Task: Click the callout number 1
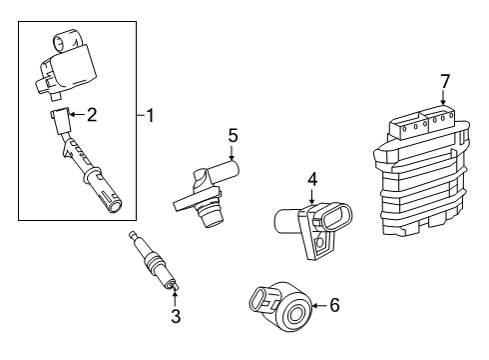[x=151, y=116]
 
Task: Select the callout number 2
[x=92, y=115]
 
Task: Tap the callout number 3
[x=176, y=316]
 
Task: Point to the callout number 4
[x=312, y=179]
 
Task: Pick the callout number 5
[x=233, y=136]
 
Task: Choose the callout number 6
[x=334, y=305]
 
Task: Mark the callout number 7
[x=445, y=82]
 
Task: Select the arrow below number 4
[x=311, y=197]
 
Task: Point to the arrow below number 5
[x=232, y=154]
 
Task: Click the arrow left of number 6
[x=319, y=306]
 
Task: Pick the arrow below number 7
[x=443, y=98]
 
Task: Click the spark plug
[x=154, y=261]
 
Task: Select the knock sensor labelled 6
[x=281, y=307]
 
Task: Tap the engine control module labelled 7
[x=422, y=170]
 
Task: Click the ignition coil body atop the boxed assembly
[x=67, y=65]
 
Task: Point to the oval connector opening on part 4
[x=335, y=217]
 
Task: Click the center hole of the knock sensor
[x=295, y=315]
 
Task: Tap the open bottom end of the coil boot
[x=115, y=206]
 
